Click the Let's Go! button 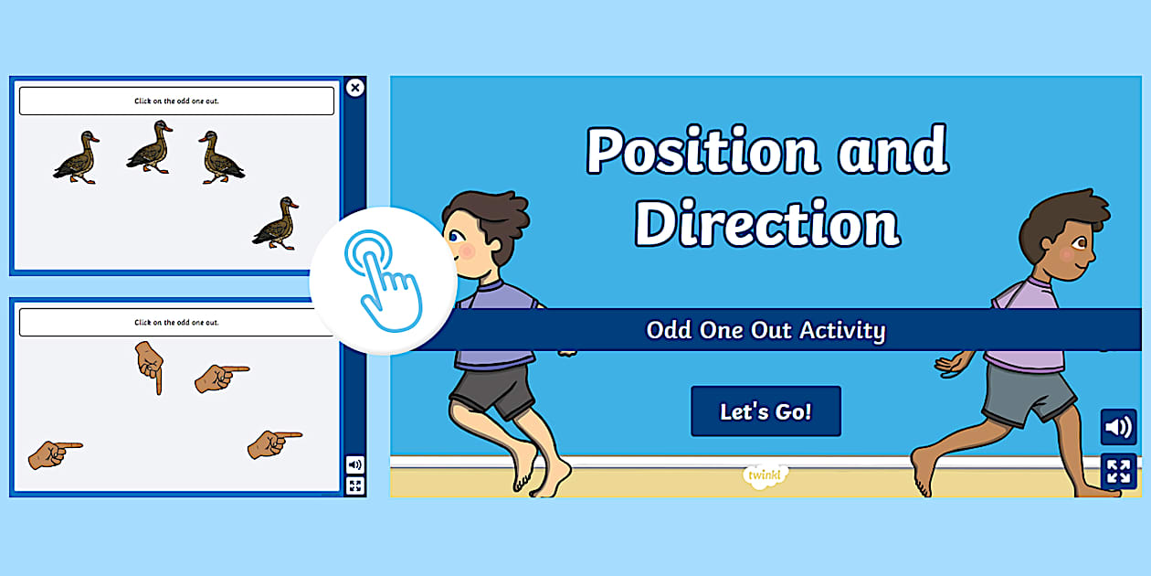[766, 411]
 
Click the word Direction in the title [766, 222]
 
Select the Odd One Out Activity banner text [766, 330]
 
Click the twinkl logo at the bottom [766, 475]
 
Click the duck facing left [220, 157]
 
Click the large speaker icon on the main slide [1118, 427]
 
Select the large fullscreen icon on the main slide [1118, 472]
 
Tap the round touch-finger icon [383, 279]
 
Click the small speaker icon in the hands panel [354, 464]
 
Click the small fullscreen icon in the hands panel [354, 485]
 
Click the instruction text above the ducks [176, 101]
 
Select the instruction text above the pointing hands [176, 322]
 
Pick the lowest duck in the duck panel [276, 223]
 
